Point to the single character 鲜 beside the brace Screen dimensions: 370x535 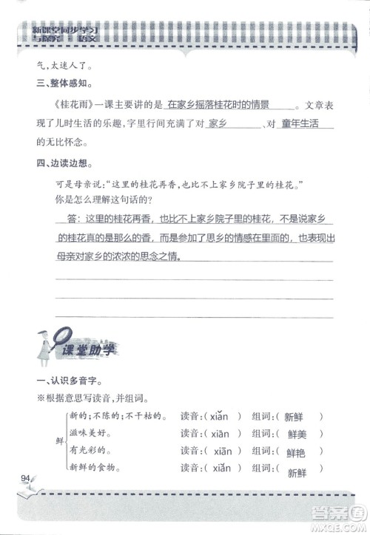[59, 441]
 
